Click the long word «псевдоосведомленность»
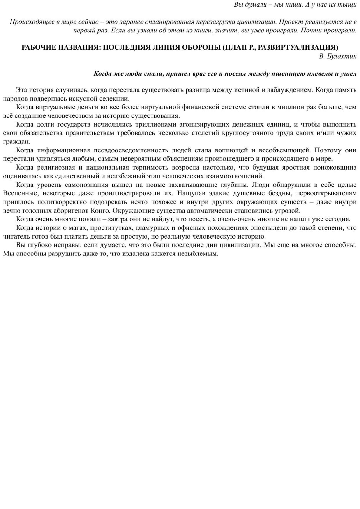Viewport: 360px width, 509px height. (x=130, y=150)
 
